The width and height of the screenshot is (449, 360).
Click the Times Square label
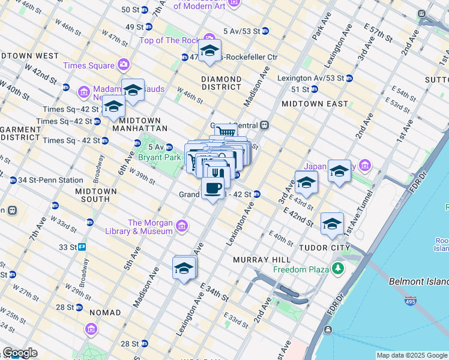[91, 65]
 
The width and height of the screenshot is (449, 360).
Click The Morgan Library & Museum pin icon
[182, 227]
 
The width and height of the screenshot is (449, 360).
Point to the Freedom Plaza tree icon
[339, 269]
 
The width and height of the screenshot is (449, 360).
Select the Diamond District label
[221, 83]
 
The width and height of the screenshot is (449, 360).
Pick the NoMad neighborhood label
[104, 313]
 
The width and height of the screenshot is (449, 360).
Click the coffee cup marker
[212, 188]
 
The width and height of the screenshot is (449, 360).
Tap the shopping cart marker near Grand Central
[226, 131]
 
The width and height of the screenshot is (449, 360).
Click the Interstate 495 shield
[411, 301]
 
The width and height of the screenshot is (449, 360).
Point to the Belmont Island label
[419, 281]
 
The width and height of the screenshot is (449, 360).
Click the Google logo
[20, 353]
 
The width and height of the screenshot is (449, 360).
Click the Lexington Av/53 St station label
[310, 78]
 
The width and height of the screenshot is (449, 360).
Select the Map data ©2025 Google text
[411, 355]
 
